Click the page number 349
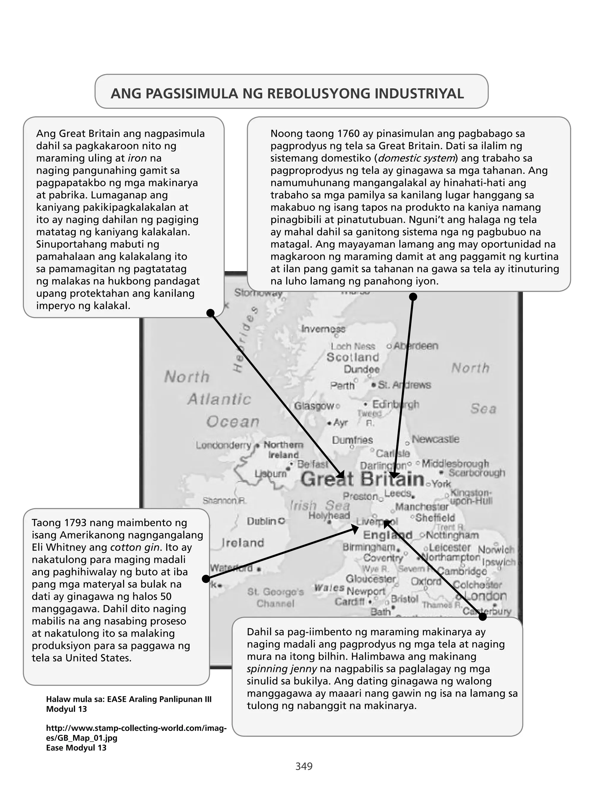pyautogui.click(x=304, y=766)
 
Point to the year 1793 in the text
pyautogui.click(x=78, y=523)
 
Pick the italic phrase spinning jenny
pyautogui.click(x=281, y=669)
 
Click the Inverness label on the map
pyautogui.click(x=323, y=329)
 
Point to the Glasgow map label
pyautogui.click(x=314, y=406)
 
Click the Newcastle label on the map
pyautogui.click(x=436, y=439)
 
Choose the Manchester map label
pyautogui.click(x=422, y=507)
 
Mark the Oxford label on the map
pyautogui.click(x=426, y=581)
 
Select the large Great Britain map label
pyautogui.click(x=362, y=480)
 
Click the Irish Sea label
pyautogui.click(x=319, y=505)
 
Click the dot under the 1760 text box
pyautogui.click(x=413, y=297)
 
